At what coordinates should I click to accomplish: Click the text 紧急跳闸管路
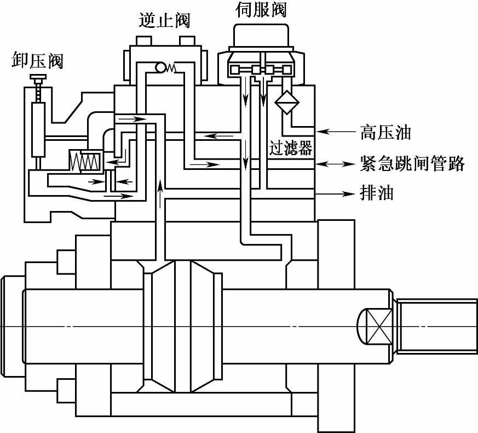click(x=412, y=163)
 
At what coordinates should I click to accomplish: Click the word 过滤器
click(x=290, y=149)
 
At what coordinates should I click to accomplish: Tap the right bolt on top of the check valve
click(x=187, y=41)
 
